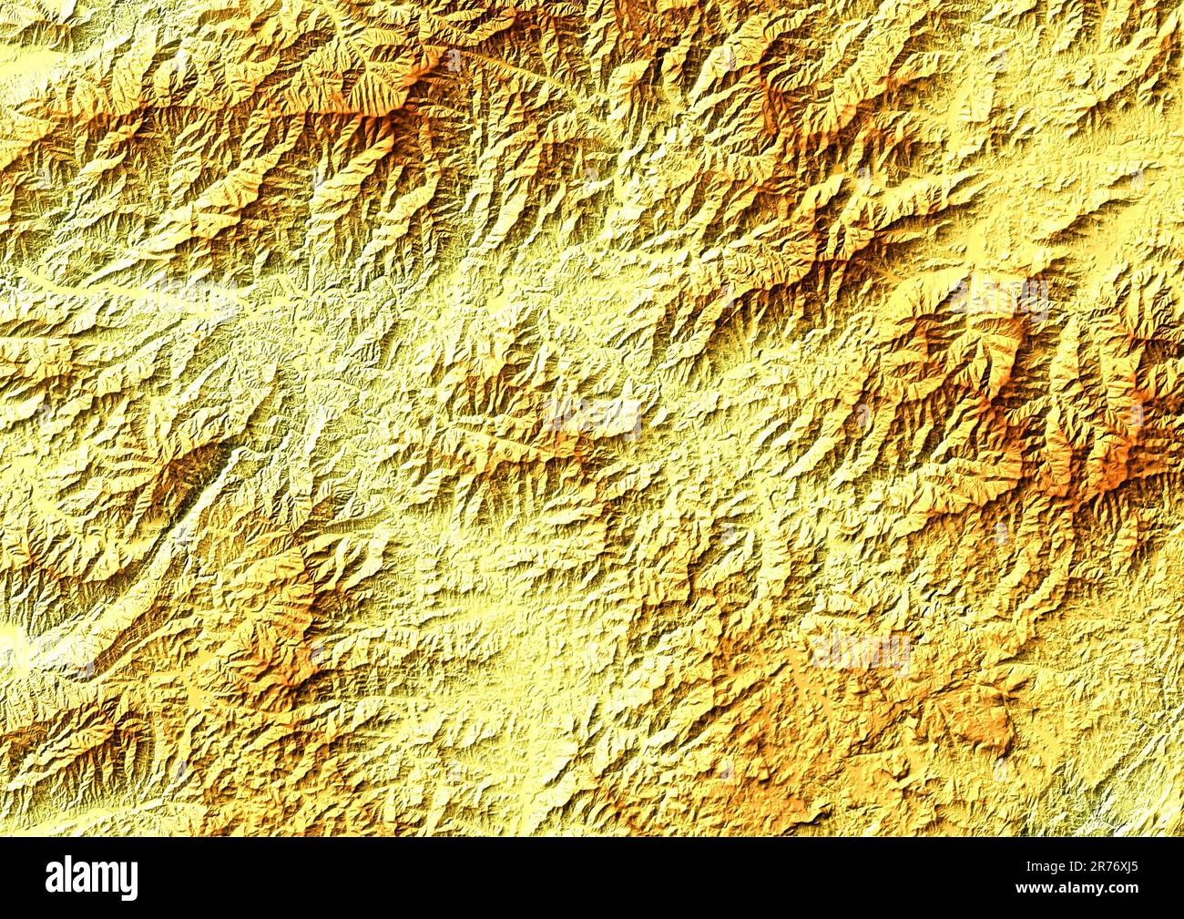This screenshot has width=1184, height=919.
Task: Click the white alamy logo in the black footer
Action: click(x=92, y=877)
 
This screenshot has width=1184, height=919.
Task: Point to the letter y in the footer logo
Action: click(x=130, y=882)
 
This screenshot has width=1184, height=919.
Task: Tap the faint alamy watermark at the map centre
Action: click(x=592, y=419)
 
